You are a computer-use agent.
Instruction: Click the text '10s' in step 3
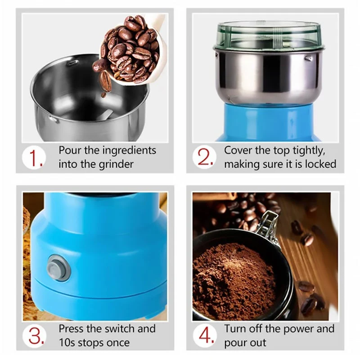(68, 342)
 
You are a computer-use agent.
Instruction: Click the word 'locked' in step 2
(320, 164)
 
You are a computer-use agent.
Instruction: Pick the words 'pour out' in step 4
(245, 342)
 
